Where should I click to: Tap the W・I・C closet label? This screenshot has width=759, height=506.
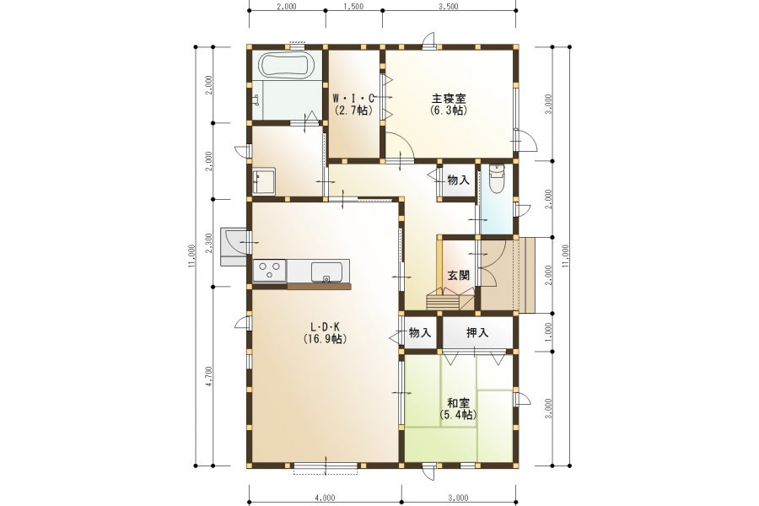(353, 99)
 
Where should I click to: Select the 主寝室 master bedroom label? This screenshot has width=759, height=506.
(449, 99)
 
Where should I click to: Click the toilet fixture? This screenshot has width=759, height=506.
(497, 178)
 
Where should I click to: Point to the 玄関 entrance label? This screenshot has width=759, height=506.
(458, 276)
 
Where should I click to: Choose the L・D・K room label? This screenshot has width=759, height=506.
(325, 327)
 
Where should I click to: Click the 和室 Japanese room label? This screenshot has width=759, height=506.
(458, 403)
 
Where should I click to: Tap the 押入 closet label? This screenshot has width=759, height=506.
(477, 332)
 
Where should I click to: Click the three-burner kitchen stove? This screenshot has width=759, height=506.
(270, 270)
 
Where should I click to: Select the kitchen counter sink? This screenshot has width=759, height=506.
(326, 272)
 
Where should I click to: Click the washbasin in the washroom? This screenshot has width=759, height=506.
(263, 181)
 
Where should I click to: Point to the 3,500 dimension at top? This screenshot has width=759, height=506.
(449, 7)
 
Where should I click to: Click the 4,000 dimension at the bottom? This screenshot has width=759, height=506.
(325, 498)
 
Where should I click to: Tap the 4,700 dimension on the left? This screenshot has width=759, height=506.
(208, 377)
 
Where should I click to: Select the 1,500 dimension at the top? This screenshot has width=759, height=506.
(354, 7)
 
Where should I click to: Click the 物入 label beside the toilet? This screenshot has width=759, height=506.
(458, 180)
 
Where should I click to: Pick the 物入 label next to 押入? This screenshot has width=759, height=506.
(420, 332)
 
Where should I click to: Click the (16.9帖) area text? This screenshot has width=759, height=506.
(325, 339)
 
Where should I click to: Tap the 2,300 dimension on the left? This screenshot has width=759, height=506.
(208, 244)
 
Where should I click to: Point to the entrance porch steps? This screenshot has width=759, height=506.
(523, 275)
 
